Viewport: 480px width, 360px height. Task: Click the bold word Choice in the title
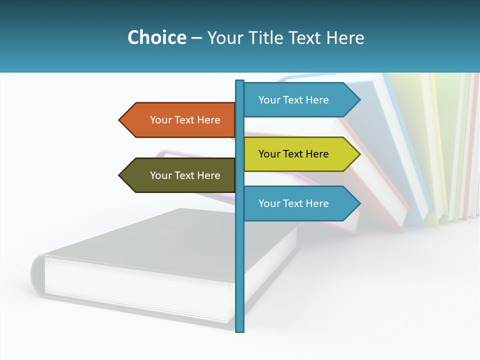(x=156, y=37)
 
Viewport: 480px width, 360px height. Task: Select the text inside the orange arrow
(x=185, y=120)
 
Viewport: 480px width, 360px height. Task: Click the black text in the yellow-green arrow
(x=293, y=154)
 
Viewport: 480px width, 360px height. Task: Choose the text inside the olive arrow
(x=185, y=175)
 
